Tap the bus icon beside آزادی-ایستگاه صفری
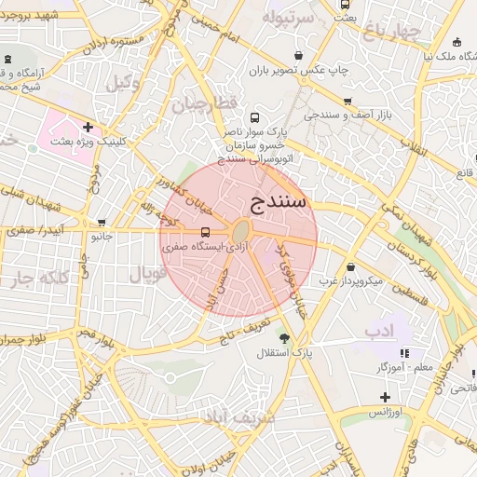(x=205, y=232)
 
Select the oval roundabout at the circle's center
(x=241, y=230)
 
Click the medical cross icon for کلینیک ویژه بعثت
(x=88, y=128)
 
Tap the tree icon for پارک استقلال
(x=283, y=339)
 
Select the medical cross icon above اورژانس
(x=385, y=397)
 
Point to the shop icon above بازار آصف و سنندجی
(x=348, y=102)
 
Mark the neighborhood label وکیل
(x=122, y=83)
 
